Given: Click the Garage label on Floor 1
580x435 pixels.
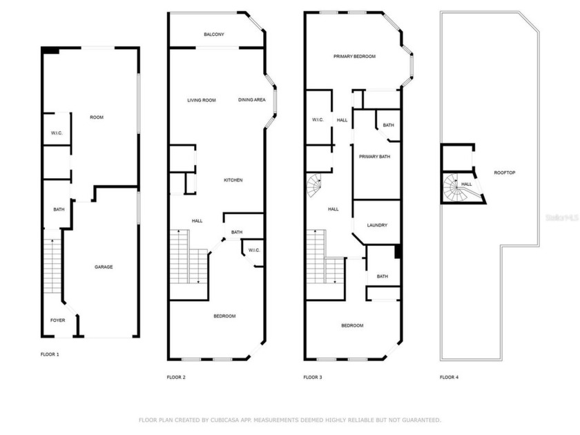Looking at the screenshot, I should click(x=104, y=267).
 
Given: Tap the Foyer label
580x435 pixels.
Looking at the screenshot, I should click(x=57, y=320).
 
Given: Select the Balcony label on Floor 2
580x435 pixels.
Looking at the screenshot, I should click(x=213, y=35).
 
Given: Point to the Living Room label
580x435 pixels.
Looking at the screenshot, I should click(x=202, y=100).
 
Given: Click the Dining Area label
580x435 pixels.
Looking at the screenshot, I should click(x=252, y=100).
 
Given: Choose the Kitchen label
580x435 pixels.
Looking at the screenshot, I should click(x=233, y=180).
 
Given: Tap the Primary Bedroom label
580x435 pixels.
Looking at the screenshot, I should click(x=354, y=57).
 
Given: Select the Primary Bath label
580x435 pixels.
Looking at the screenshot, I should click(x=374, y=157).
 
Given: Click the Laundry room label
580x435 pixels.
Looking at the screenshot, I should click(x=377, y=225).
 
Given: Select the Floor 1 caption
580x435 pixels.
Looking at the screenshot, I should click(x=50, y=354).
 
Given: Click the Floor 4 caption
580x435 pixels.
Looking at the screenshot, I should click(x=449, y=377).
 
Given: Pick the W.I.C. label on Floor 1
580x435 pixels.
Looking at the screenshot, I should click(x=57, y=133).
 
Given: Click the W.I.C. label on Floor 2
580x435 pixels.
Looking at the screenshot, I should click(x=253, y=250).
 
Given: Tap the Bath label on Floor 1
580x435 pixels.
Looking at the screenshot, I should click(x=59, y=210).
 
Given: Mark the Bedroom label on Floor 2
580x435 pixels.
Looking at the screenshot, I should click(x=224, y=316).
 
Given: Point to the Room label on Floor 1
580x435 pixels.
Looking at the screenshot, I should click(x=97, y=117).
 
